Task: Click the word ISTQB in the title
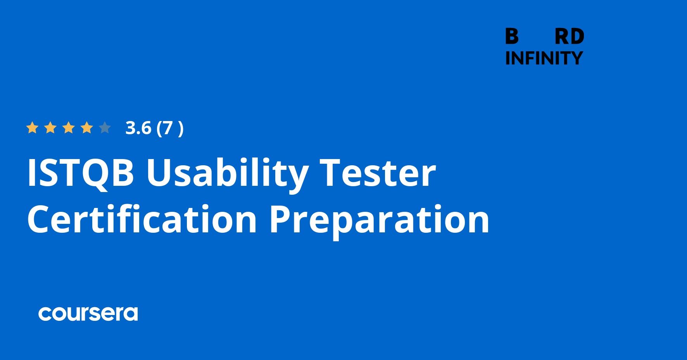[81, 173]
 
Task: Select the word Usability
[227, 173]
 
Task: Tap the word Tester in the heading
[378, 173]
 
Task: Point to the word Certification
[142, 220]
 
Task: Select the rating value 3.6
[138, 128]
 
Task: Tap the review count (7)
[170, 128]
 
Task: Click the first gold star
[32, 128]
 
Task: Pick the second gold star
[50, 128]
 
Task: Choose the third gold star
[69, 128]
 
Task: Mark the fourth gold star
[87, 128]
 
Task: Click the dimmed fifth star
[105, 128]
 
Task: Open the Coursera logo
[88, 313]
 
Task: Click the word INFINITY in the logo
[544, 58]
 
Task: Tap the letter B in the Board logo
[512, 37]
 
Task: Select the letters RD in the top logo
[569, 37]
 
